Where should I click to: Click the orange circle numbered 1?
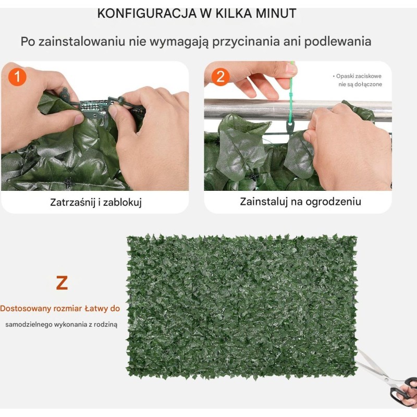(x=17, y=77)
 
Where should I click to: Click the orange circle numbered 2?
(x=220, y=77)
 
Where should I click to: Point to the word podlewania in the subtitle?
(x=337, y=42)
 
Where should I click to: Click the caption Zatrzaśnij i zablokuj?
(x=96, y=202)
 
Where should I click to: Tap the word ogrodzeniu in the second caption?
(x=333, y=202)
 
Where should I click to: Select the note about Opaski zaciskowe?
(x=357, y=80)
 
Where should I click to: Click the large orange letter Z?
(x=62, y=283)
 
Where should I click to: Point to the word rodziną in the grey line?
(x=106, y=324)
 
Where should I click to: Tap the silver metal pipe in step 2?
(x=298, y=109)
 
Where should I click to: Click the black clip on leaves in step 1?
(x=68, y=183)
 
